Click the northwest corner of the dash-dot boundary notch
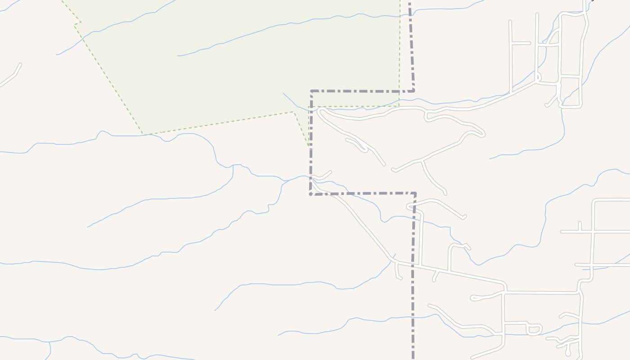pos(311,91)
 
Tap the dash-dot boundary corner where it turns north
pos(413,91)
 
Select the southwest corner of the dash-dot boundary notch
pos(311,194)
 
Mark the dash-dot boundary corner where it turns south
pos(415,194)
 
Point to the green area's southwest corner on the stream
pos(142,134)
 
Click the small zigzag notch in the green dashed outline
pos(77,22)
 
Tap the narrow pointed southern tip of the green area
pos(308,145)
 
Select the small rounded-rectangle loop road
pos(534,329)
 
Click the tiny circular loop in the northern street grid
pos(539,77)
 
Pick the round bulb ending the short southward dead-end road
pos(568,354)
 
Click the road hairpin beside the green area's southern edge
pos(320,111)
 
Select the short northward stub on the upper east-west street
pos(580,226)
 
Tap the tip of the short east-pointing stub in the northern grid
pos(530,43)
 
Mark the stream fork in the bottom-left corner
pos(49,342)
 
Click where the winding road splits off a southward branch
pos(422,161)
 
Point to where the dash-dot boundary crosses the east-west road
pos(413,265)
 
